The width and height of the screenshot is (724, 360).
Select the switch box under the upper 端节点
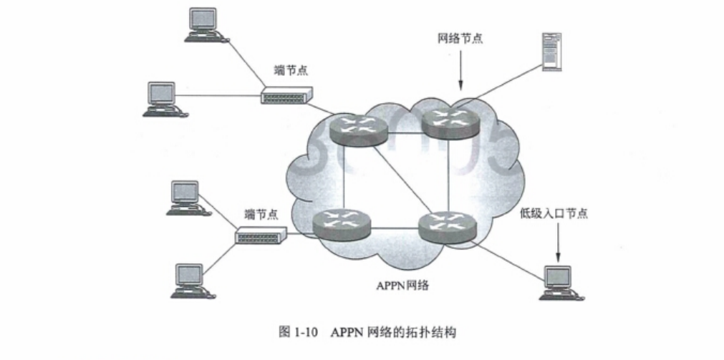click(x=286, y=96)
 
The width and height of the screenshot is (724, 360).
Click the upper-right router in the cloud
click(x=450, y=122)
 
